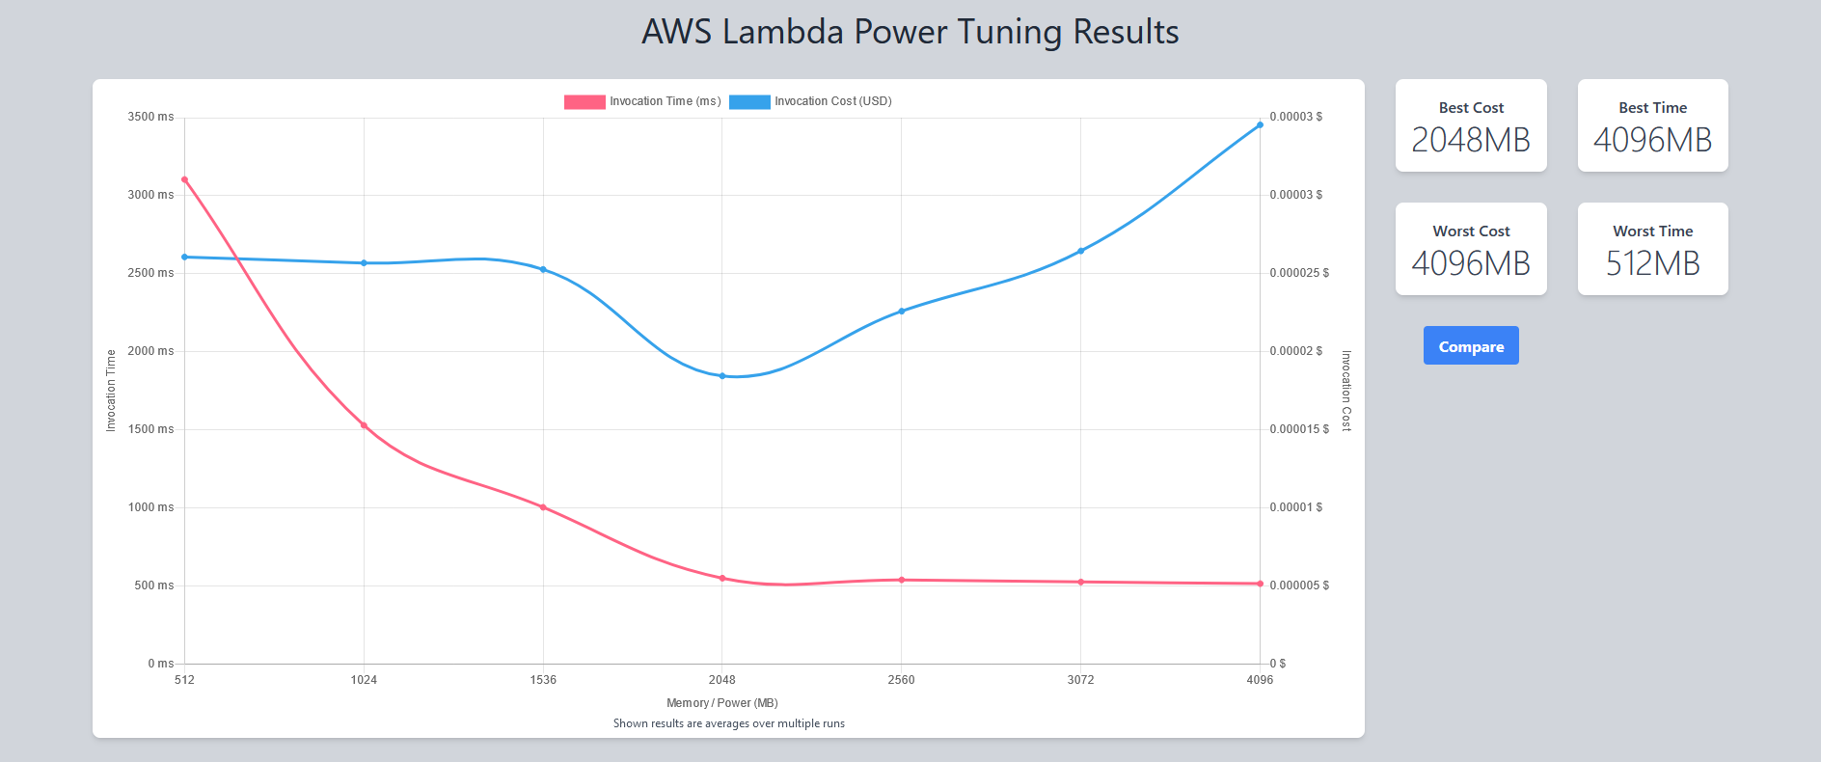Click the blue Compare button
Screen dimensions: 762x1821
point(1471,345)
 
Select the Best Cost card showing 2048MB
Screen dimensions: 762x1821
point(1471,125)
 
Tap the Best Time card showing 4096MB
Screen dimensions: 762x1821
point(1652,125)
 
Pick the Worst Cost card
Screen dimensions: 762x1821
point(1471,249)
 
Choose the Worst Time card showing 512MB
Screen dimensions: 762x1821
point(1652,249)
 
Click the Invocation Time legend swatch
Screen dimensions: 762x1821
point(584,101)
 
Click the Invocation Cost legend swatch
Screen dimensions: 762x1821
point(749,101)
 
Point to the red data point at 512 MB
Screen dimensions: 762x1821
point(184,179)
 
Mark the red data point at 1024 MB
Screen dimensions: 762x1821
point(364,425)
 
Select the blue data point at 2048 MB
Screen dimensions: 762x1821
point(722,376)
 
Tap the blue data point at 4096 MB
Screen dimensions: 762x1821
point(1260,125)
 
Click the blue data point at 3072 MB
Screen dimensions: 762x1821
point(1080,251)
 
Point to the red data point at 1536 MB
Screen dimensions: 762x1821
point(543,507)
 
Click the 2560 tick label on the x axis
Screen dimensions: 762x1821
point(901,680)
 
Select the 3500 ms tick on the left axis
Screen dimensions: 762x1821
point(151,117)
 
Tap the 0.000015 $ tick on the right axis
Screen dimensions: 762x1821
point(1298,429)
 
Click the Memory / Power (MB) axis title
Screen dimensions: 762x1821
point(721,703)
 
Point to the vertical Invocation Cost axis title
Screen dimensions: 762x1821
point(1346,391)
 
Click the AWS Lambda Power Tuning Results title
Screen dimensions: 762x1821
point(910,32)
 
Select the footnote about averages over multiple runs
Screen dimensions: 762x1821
point(728,723)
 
